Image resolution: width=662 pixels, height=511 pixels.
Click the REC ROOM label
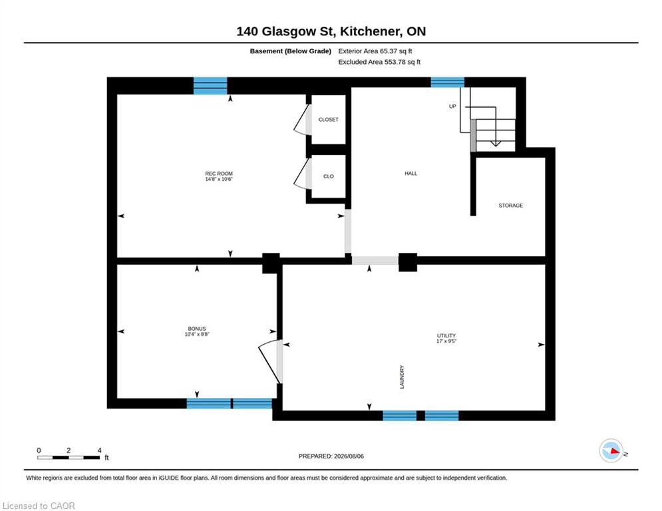[x=219, y=174]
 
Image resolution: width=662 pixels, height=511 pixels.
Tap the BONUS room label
[x=197, y=329]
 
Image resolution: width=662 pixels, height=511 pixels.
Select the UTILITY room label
[x=446, y=336]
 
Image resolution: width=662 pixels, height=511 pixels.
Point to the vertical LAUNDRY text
[x=402, y=377]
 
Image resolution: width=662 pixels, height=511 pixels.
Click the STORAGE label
[x=510, y=206]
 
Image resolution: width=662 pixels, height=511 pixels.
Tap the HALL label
[x=411, y=174]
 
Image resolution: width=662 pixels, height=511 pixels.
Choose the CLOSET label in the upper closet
[x=329, y=120]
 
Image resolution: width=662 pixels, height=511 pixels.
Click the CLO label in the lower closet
[x=329, y=176]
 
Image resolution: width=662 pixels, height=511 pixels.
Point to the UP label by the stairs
[x=452, y=106]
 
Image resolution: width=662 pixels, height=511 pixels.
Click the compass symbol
[x=611, y=450]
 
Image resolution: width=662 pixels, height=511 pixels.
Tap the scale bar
[x=69, y=457]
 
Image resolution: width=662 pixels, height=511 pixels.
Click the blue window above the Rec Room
[x=210, y=86]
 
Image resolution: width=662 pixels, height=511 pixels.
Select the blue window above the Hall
[x=448, y=83]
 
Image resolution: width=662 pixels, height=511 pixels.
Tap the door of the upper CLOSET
[x=301, y=121]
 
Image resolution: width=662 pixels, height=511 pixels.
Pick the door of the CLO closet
[x=301, y=174]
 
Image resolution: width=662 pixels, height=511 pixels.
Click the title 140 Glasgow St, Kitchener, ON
[x=331, y=31]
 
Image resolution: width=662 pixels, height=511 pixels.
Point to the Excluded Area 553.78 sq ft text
[x=379, y=62]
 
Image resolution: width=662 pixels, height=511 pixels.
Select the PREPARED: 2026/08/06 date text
[x=331, y=456]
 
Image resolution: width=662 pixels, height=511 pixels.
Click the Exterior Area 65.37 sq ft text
[x=375, y=51]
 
